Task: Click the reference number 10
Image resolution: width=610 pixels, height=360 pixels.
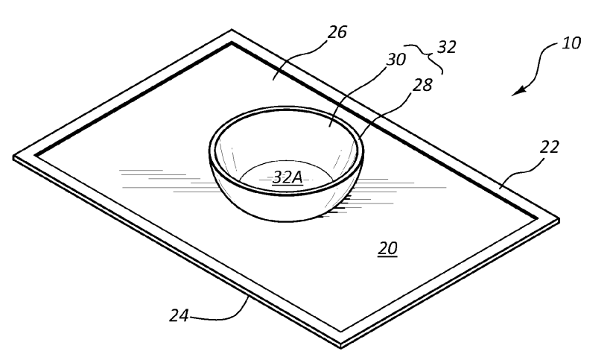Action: (571, 42)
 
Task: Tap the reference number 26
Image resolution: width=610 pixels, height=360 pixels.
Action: (337, 32)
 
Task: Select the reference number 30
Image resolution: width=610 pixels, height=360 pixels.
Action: (396, 59)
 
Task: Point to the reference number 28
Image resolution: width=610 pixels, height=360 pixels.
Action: (422, 84)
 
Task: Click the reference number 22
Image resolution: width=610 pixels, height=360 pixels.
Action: (550, 147)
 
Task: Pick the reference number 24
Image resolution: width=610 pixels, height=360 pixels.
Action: (179, 315)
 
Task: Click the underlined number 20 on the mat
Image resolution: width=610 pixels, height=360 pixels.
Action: (387, 248)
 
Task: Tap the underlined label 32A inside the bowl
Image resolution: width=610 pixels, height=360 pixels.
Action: (287, 177)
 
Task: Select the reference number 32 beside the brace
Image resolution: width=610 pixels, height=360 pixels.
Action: (446, 47)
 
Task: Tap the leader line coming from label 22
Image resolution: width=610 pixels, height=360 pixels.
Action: (524, 168)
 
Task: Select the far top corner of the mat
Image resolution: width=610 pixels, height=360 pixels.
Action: (232, 30)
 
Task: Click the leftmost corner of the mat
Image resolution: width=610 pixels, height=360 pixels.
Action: (14, 157)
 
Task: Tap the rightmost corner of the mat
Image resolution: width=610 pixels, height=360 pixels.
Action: (559, 220)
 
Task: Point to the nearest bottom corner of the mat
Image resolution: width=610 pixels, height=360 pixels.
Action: (341, 346)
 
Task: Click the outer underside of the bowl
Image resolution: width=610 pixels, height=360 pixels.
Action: (286, 206)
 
